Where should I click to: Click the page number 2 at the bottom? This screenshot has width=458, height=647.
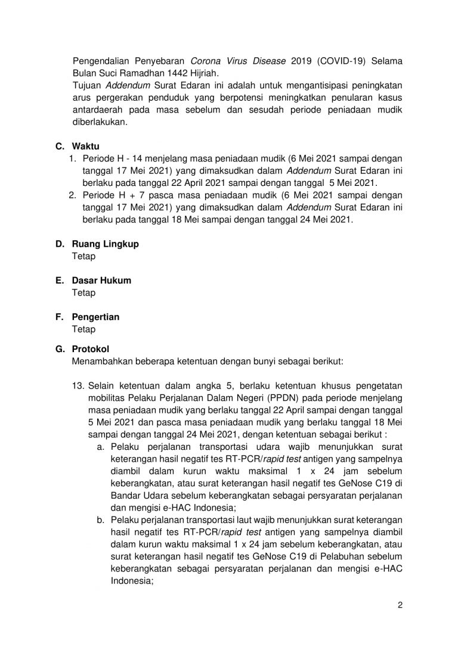point(401,606)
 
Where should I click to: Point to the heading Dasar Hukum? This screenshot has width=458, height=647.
point(101,281)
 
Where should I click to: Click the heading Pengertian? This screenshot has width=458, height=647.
point(95,317)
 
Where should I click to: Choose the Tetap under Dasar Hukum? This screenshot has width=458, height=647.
point(83,293)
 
